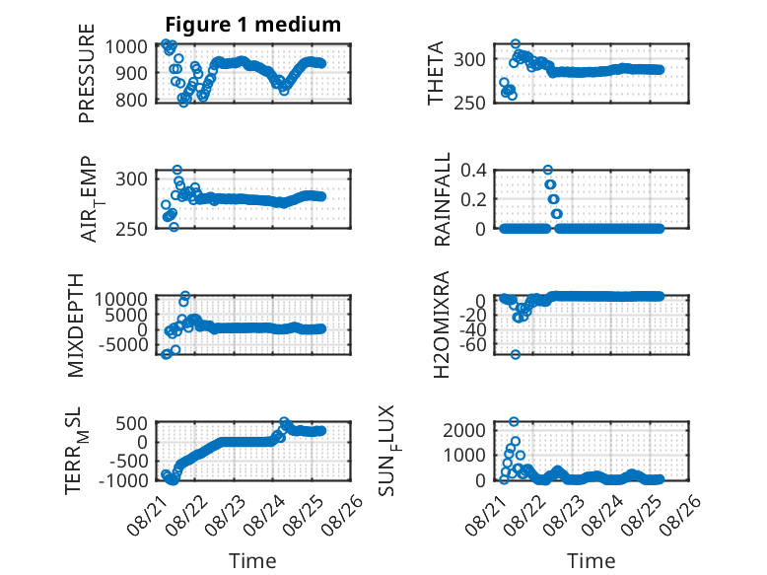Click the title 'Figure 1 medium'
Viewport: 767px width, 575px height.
coord(253,25)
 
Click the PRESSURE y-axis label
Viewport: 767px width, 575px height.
coord(86,73)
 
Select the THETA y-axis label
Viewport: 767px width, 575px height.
coord(435,73)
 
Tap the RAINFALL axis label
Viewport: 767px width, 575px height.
coord(442,199)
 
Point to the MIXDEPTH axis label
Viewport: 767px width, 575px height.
coord(76,325)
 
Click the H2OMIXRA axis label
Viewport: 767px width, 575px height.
coord(442,324)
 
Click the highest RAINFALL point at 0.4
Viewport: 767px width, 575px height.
coord(548,170)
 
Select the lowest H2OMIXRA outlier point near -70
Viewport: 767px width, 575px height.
coord(515,354)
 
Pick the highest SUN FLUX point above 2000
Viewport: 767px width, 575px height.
coord(514,421)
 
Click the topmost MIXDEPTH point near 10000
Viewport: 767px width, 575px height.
coord(185,296)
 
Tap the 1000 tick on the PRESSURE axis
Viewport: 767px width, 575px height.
coord(126,47)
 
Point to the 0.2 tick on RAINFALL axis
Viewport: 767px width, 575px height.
coord(473,199)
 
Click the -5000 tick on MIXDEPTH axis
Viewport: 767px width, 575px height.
coord(123,345)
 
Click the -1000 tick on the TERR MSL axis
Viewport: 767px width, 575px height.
coord(123,480)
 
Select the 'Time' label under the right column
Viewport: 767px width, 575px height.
coord(591,561)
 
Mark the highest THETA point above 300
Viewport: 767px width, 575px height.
coord(515,44)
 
